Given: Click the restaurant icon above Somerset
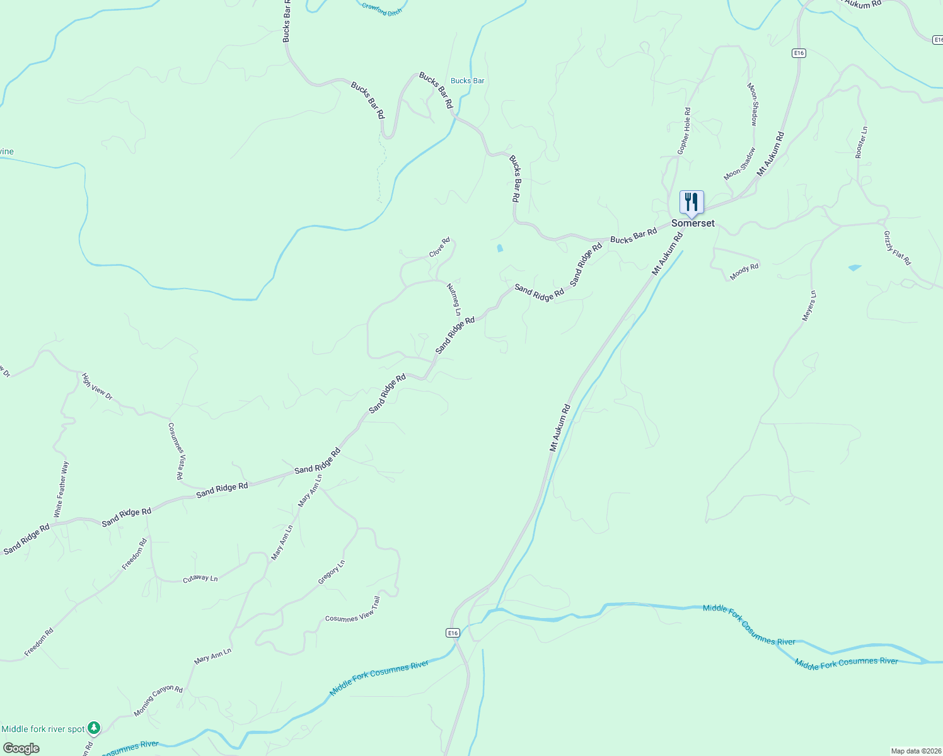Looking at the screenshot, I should (691, 202).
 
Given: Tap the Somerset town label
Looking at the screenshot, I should (693, 224).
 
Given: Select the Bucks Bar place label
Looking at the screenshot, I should (468, 81).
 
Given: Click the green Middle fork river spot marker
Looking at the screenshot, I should (94, 728).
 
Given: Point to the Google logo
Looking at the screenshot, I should (21, 748).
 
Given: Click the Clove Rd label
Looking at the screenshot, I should (440, 247).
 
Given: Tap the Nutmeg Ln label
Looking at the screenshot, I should (454, 299).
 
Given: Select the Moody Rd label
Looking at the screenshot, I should (744, 272).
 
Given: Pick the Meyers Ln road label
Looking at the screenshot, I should (809, 306).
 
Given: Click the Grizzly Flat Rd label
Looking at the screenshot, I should (897, 248).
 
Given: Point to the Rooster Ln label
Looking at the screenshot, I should (862, 142).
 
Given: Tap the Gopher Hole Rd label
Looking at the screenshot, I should (684, 131).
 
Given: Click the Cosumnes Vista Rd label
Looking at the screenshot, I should (176, 451).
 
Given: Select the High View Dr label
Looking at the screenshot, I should (97, 387).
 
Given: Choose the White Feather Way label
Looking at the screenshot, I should (62, 490).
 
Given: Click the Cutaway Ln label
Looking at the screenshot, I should (200, 578).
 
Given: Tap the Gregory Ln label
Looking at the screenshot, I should (332, 572).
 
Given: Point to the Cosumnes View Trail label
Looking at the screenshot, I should (353, 610).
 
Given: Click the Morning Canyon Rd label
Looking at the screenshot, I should (158, 701).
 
